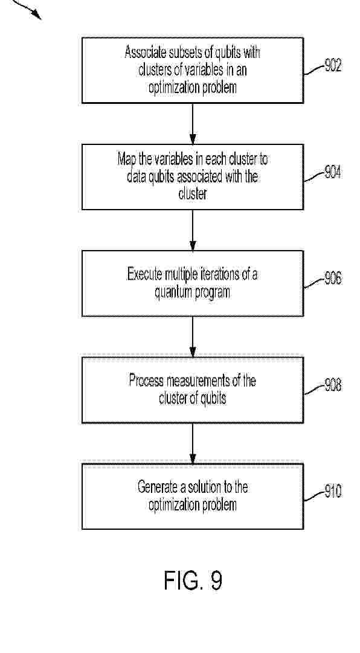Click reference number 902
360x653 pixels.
pyautogui.click(x=333, y=65)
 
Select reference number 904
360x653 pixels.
pyautogui.click(x=333, y=172)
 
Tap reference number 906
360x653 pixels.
pyautogui.click(x=333, y=278)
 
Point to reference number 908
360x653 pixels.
pyautogui.click(x=333, y=385)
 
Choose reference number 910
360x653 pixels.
pyautogui.click(x=333, y=492)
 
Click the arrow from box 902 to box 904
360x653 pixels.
pyautogui.click(x=193, y=124)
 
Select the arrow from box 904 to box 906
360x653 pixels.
pyautogui.click(x=193, y=230)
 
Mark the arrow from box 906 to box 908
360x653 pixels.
pyautogui.click(x=193, y=337)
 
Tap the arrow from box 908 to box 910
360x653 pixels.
pyautogui.click(x=193, y=443)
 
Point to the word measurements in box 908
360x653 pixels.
pyautogui.click(x=200, y=381)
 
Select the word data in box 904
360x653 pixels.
pyautogui.click(x=135, y=177)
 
